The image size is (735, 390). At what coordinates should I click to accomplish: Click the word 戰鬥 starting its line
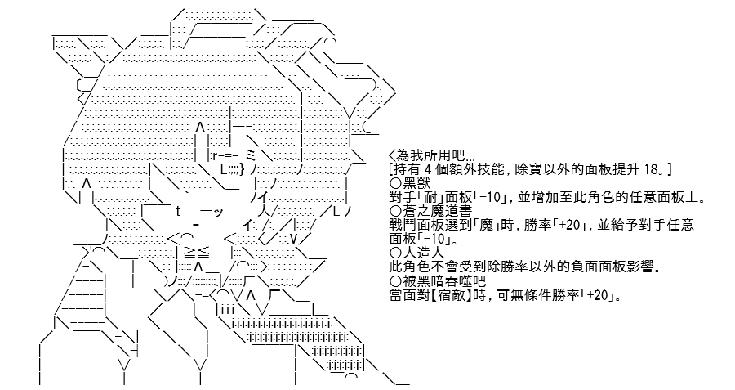click(401, 225)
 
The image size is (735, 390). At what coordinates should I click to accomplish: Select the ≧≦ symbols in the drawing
click(196, 253)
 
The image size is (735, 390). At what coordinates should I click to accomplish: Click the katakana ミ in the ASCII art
click(250, 155)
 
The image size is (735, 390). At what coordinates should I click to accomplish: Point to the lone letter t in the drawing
click(179, 211)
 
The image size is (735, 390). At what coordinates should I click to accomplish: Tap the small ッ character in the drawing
click(218, 213)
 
